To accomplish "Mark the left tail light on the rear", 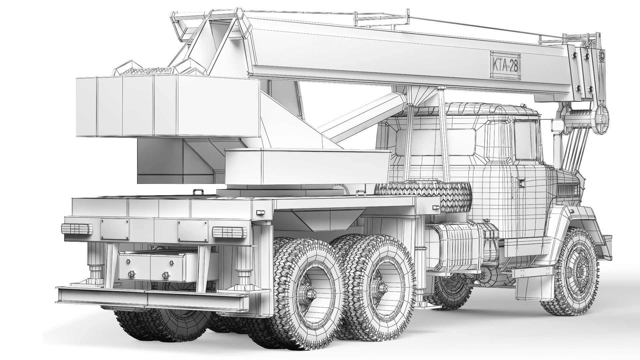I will click(77, 229).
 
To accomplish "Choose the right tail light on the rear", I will click(229, 232).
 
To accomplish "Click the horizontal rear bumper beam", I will click(157, 299).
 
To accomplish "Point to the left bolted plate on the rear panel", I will click(115, 229).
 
